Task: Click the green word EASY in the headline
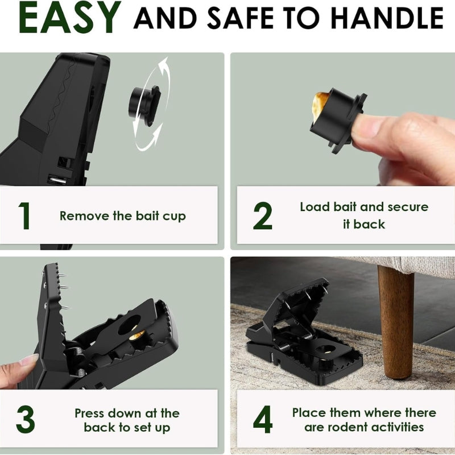coord(69,18)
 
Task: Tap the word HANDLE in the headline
coord(387,18)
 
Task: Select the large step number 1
coord(24,216)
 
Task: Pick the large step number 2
coord(263,216)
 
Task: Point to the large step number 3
coord(26,419)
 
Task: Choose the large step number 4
coord(263,419)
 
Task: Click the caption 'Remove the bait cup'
coord(122,216)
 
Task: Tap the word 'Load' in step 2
coord(315,207)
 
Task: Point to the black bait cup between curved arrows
coord(144,105)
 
